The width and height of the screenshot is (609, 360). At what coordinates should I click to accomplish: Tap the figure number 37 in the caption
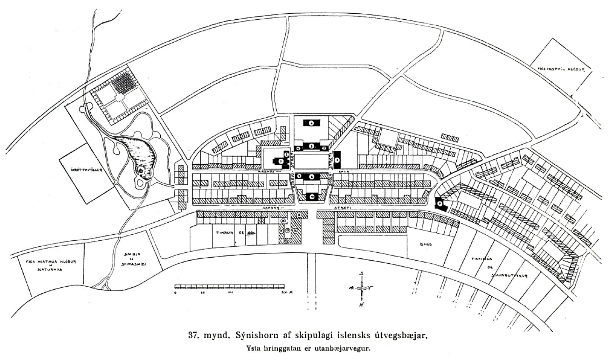coord(193,336)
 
